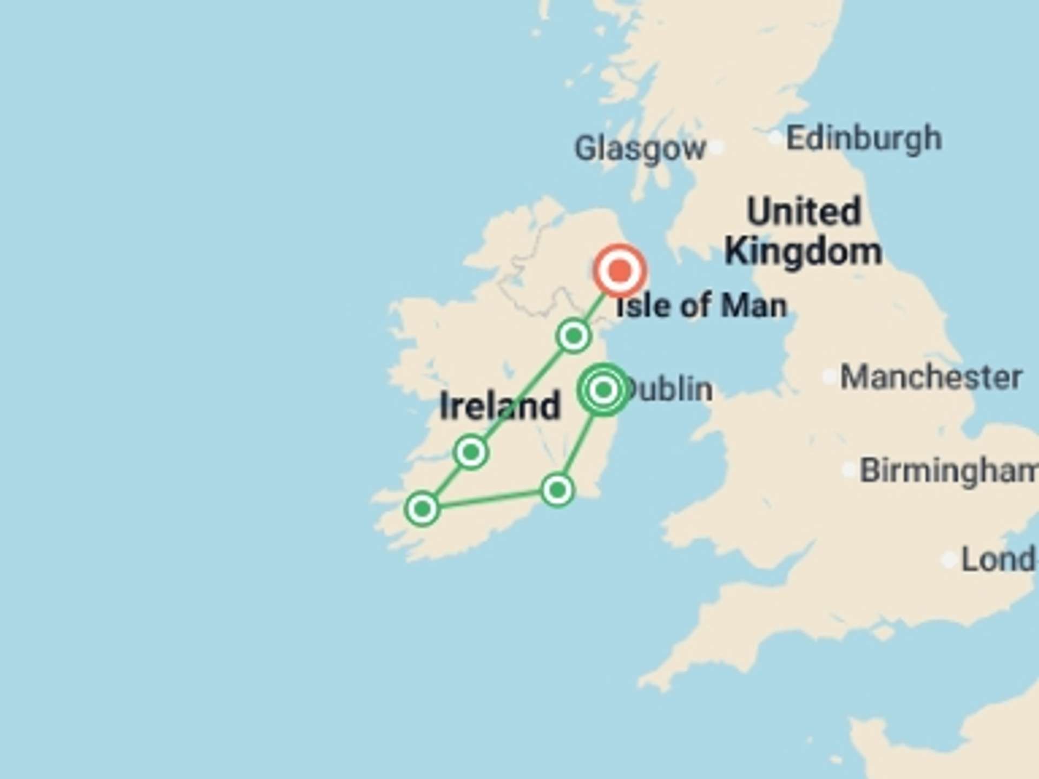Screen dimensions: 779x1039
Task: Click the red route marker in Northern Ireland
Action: pos(620,270)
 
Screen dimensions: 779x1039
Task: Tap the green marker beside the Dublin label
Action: pos(603,389)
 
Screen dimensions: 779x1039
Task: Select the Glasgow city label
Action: pos(640,148)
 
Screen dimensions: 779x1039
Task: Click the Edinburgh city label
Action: pos(864,138)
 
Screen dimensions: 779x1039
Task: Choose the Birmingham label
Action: pos(948,470)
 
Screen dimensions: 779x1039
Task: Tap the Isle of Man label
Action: pos(701,306)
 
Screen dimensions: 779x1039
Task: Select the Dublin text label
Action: pos(670,389)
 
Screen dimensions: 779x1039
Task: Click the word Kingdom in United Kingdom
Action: pos(803,252)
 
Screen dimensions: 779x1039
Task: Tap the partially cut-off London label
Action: pos(997,559)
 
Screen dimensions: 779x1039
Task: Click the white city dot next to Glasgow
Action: pos(717,147)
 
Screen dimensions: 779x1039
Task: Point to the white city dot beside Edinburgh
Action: pos(775,138)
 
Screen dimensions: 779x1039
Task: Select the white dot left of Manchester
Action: pos(830,377)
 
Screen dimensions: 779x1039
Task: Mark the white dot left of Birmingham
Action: pos(849,470)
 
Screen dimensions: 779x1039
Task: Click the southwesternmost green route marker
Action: pos(422,509)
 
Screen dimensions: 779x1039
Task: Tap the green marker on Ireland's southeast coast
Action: pos(557,490)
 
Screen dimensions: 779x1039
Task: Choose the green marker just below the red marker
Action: pos(573,336)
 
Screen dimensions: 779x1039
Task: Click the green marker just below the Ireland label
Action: pos(471,451)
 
